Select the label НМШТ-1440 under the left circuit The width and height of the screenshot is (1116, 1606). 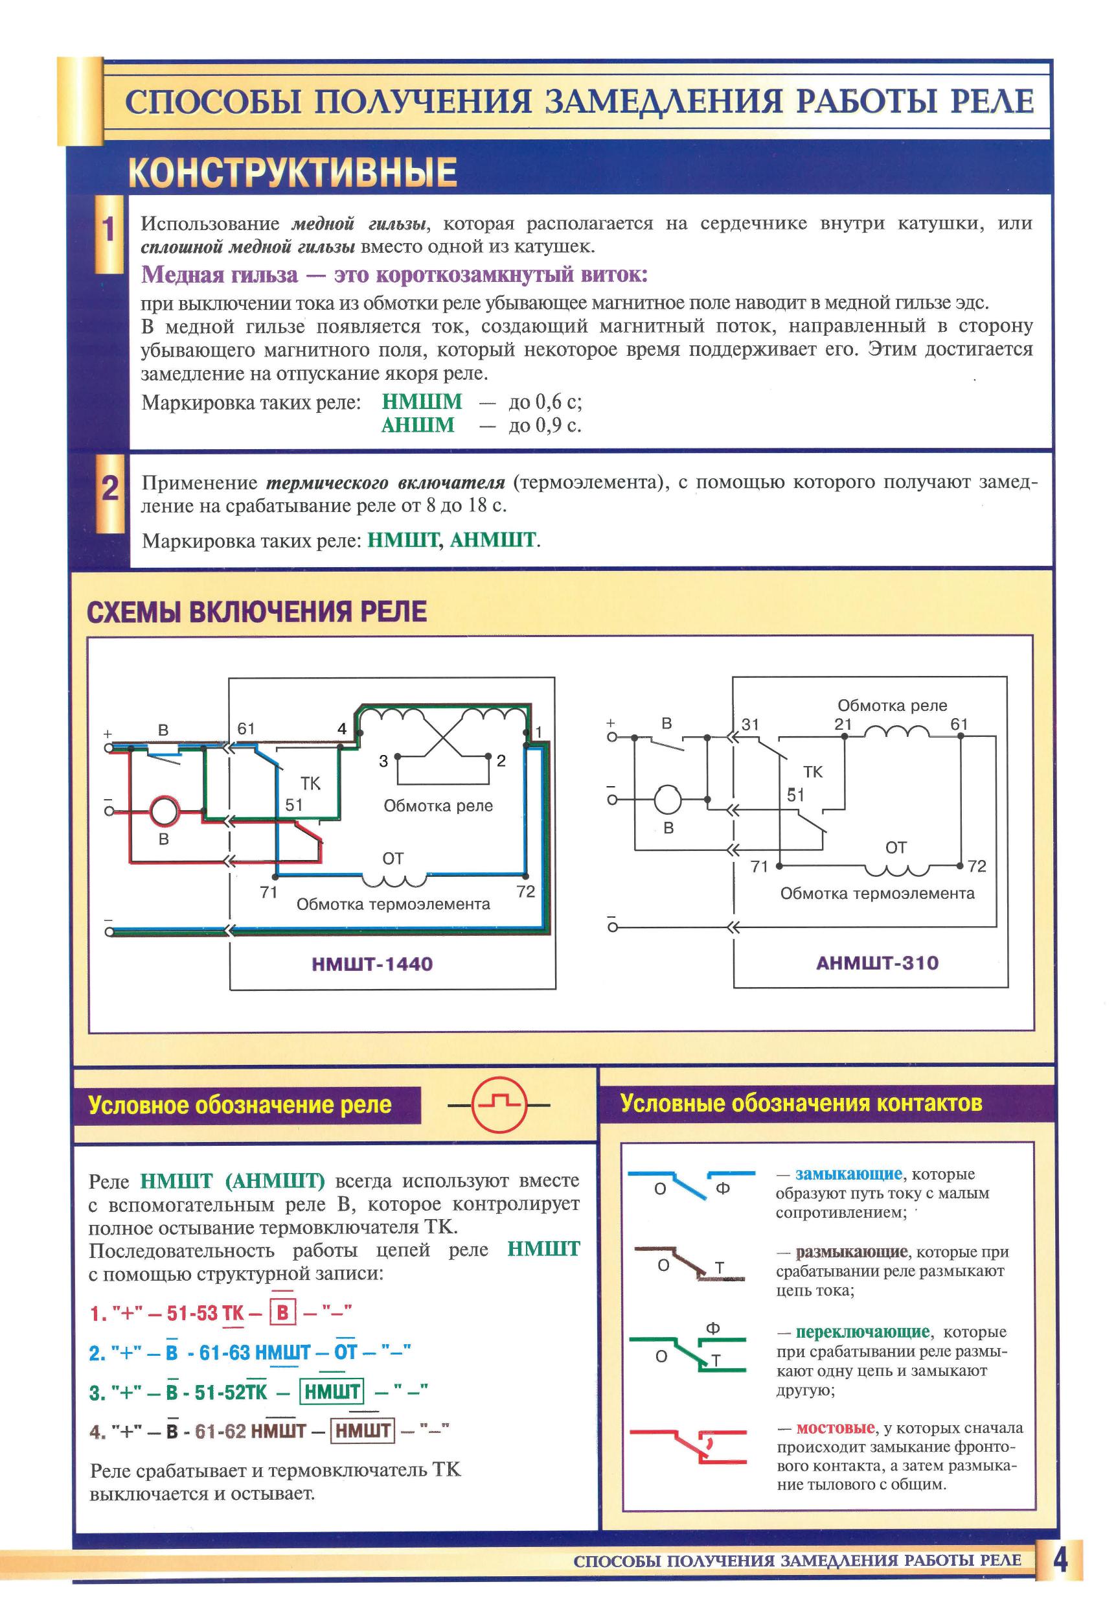(372, 964)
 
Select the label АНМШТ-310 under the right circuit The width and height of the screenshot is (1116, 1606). (877, 962)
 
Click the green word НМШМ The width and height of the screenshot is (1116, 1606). (422, 402)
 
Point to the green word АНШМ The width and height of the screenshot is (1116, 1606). (418, 425)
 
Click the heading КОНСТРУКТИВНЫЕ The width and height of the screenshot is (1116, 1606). (292, 172)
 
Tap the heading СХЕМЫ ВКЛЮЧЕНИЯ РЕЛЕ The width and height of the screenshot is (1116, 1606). (256, 611)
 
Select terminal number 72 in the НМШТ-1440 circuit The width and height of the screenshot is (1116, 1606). (526, 891)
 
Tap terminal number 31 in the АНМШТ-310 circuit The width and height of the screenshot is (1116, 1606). (750, 725)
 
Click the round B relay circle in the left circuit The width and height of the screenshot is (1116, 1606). (165, 811)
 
